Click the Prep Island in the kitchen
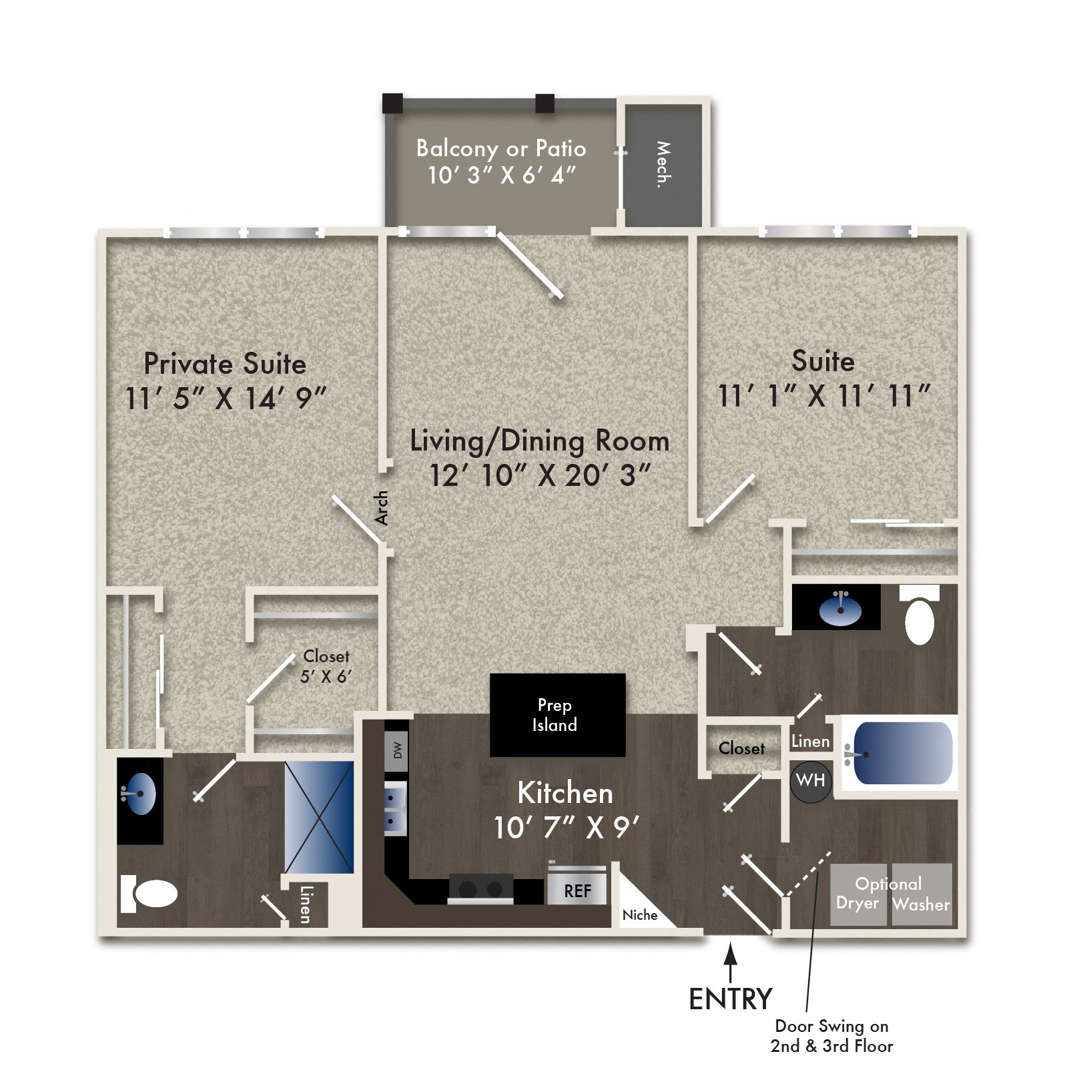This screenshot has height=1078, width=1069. (x=557, y=715)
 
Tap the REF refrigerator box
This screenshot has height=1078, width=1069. (x=577, y=890)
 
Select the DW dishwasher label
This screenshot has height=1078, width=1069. (x=397, y=750)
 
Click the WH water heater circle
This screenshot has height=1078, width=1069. (x=811, y=780)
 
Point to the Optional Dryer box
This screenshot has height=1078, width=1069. (x=858, y=895)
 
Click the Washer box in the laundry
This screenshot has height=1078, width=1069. (x=922, y=895)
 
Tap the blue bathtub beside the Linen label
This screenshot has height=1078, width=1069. (x=902, y=753)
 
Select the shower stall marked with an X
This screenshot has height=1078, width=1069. (x=319, y=817)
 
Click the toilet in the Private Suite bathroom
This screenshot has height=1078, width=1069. (x=151, y=894)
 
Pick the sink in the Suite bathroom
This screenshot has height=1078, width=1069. (x=839, y=609)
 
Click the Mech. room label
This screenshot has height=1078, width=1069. (x=663, y=164)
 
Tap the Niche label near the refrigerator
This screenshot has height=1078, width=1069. (x=639, y=915)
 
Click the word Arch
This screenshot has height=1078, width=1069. (x=381, y=507)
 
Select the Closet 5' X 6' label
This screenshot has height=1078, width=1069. (x=326, y=666)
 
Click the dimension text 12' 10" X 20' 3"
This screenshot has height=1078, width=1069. (x=539, y=476)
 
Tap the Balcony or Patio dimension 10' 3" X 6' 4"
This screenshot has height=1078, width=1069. (x=501, y=176)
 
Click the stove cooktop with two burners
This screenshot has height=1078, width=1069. (x=480, y=889)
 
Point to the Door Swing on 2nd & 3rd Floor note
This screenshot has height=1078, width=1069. (x=831, y=1035)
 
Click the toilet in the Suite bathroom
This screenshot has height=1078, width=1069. (x=920, y=615)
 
